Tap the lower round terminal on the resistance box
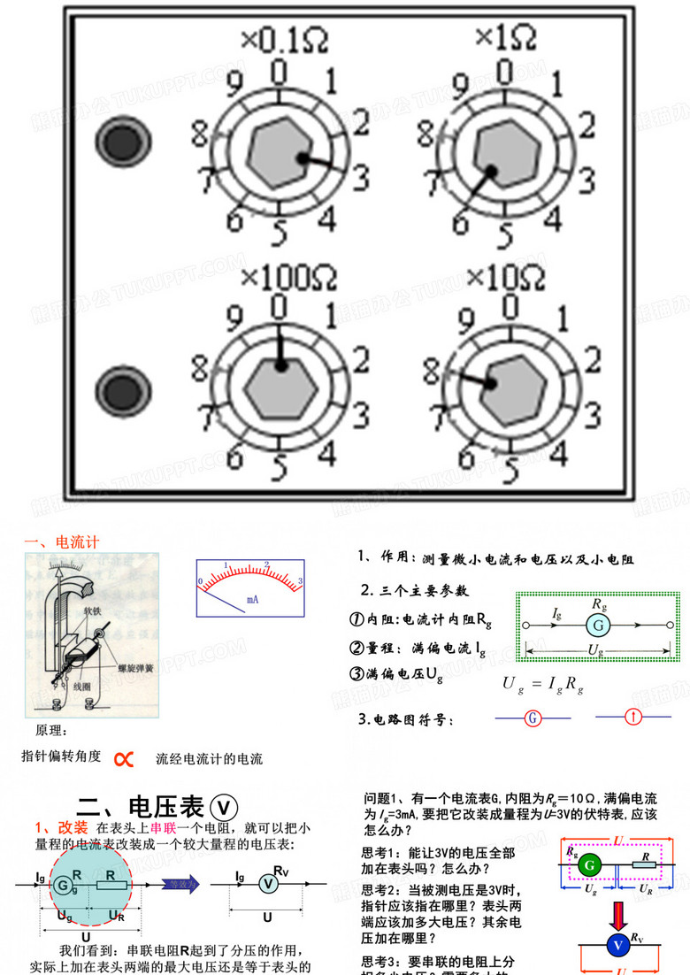coord(114,390)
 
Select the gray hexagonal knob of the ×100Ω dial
coord(280,387)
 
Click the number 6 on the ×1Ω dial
coord(460,222)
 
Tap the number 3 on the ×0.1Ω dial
coord(360,178)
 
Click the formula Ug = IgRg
coord(542,684)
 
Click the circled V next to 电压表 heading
coord(226,806)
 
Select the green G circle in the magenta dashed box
coord(592,865)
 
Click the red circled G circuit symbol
coord(533,718)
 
